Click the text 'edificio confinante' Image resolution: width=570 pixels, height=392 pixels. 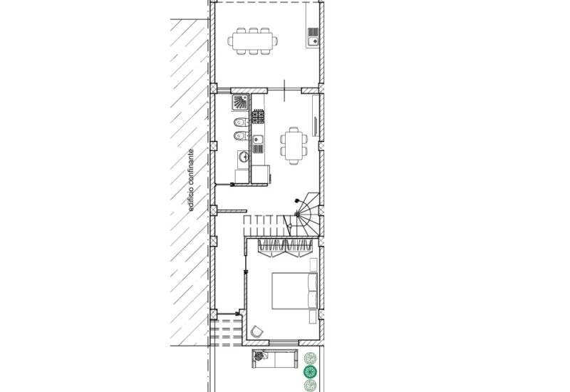[191, 180]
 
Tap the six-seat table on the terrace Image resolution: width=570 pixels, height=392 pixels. [253, 41]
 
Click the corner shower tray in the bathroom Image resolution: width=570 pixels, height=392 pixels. [240, 103]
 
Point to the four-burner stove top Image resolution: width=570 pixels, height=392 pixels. [258, 116]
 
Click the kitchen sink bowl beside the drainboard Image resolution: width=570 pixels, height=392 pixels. [258, 140]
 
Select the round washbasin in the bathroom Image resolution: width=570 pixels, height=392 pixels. [243, 157]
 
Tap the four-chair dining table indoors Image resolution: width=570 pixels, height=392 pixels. [294, 145]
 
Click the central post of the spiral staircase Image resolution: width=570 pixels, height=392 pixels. [298, 215]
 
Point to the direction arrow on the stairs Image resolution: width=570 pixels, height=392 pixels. [289, 227]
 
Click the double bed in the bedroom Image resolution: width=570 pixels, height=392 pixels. [295, 291]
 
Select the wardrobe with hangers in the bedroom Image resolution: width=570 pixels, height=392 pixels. [285, 247]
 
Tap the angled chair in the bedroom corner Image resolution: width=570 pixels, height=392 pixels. [257, 331]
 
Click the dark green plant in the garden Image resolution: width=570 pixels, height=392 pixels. [310, 372]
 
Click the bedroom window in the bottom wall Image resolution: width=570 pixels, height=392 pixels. [284, 343]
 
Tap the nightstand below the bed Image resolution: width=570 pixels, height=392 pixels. [313, 316]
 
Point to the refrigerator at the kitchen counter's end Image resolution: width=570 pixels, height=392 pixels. [261, 174]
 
